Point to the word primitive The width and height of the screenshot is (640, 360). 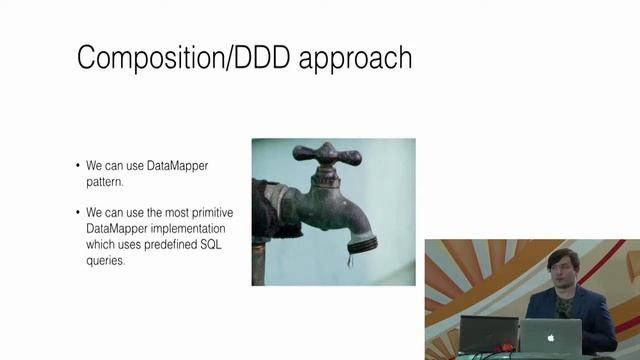[x=203, y=213]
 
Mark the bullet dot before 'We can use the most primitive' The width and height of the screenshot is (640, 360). [x=78, y=213]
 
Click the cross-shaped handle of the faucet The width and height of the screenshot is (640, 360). [x=325, y=155]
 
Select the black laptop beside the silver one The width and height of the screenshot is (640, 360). [x=489, y=332]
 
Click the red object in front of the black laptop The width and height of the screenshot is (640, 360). [x=506, y=347]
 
